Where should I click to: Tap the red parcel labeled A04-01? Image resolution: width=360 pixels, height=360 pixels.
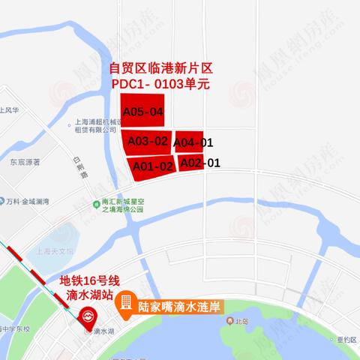pyautogui.click(x=193, y=142)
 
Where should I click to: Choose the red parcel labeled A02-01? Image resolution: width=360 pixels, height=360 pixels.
pyautogui.click(x=199, y=162)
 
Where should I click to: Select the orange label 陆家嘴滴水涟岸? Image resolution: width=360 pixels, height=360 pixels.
pyautogui.click(x=181, y=307)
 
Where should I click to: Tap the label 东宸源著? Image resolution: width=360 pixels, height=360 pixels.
pyautogui.click(x=25, y=160)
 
